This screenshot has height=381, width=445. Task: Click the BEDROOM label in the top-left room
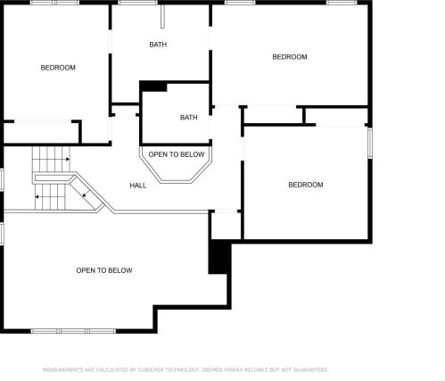58,68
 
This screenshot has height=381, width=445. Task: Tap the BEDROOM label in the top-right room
289,57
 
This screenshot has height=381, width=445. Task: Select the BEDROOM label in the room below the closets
305,185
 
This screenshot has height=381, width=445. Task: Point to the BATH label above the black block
158,45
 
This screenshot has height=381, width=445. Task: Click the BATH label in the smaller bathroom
189,118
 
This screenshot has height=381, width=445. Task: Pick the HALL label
138,186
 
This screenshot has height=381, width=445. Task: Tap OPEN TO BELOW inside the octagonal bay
176,154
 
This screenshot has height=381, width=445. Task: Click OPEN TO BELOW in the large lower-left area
104,270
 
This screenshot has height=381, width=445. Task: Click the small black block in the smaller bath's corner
154,87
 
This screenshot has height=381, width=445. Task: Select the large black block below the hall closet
219,257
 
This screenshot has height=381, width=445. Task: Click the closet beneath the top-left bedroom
42,132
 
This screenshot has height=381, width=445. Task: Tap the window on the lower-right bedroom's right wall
370,143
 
